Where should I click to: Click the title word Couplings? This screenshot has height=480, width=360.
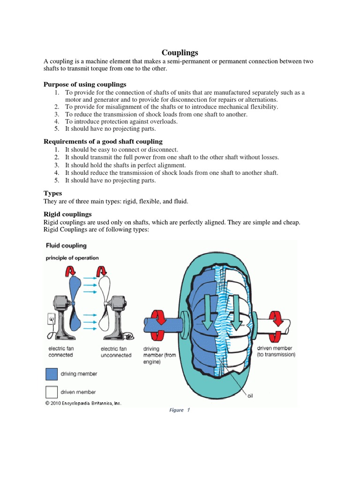[180, 52]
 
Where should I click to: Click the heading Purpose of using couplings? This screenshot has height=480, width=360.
[85, 84]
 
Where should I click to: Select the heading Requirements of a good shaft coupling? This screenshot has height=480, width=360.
[103, 141]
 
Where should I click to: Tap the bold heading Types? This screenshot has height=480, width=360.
[52, 193]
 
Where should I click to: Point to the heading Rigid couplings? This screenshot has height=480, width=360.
[67, 214]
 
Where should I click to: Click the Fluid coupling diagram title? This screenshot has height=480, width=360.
[66, 246]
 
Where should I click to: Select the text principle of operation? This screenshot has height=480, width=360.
[72, 258]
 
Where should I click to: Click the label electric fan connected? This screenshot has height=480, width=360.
[61, 352]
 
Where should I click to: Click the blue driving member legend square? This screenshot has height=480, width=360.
[52, 374]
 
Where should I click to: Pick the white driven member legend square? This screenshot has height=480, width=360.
[52, 391]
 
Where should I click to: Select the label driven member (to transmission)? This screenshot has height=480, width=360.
[276, 352]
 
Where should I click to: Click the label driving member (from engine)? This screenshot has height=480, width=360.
[160, 355]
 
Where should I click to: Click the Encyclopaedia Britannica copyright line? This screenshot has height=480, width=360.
[83, 403]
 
